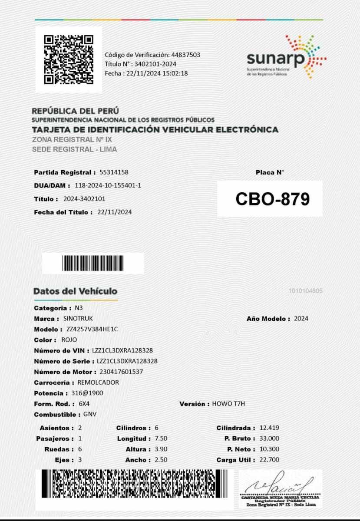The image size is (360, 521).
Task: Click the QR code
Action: (x=69, y=59)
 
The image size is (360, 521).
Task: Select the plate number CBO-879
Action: (x=272, y=199)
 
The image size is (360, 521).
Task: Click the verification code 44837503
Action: (x=185, y=55)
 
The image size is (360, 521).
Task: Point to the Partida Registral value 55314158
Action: (x=114, y=172)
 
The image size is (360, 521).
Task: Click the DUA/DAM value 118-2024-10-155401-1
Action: (x=108, y=185)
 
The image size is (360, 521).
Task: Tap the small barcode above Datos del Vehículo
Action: (x=93, y=263)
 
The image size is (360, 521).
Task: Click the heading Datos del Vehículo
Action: (x=75, y=291)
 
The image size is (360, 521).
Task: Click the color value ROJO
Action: (x=69, y=340)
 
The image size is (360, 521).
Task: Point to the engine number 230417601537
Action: (x=121, y=372)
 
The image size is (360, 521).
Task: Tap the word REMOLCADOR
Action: (x=98, y=383)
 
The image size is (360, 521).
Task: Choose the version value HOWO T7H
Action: (x=228, y=404)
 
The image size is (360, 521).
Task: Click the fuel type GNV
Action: (x=90, y=414)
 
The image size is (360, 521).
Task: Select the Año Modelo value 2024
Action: (x=301, y=318)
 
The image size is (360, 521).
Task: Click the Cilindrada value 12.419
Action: (x=269, y=428)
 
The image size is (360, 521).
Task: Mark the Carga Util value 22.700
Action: (x=269, y=460)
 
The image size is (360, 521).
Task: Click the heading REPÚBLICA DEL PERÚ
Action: (x=76, y=111)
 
